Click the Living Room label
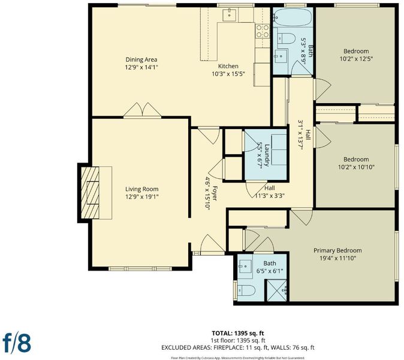click(141, 189)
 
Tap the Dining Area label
click(141, 59)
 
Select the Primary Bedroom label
click(337, 250)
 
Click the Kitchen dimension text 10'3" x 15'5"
click(228, 74)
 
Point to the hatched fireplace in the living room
click(90, 193)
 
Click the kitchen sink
click(230, 14)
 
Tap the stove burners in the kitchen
click(263, 31)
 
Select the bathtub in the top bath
click(293, 17)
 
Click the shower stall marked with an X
click(276, 290)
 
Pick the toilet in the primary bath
click(246, 290)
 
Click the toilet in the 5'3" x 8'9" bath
click(287, 38)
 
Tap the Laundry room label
click(267, 155)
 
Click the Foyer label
click(215, 193)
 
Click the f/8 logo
click(17, 343)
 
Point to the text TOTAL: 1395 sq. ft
click(238, 333)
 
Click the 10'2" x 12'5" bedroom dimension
click(356, 59)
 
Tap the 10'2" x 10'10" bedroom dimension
click(356, 167)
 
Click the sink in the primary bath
click(245, 266)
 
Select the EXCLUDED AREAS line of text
click(238, 347)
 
